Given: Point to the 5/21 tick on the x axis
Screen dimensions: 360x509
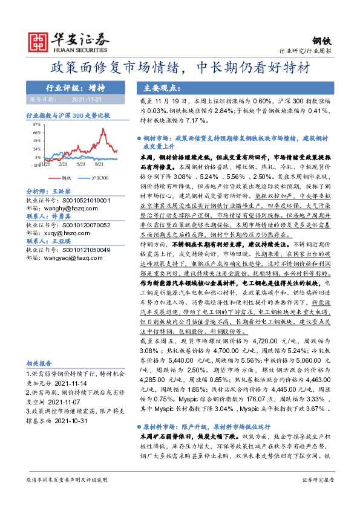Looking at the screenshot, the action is (x=82, y=164).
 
